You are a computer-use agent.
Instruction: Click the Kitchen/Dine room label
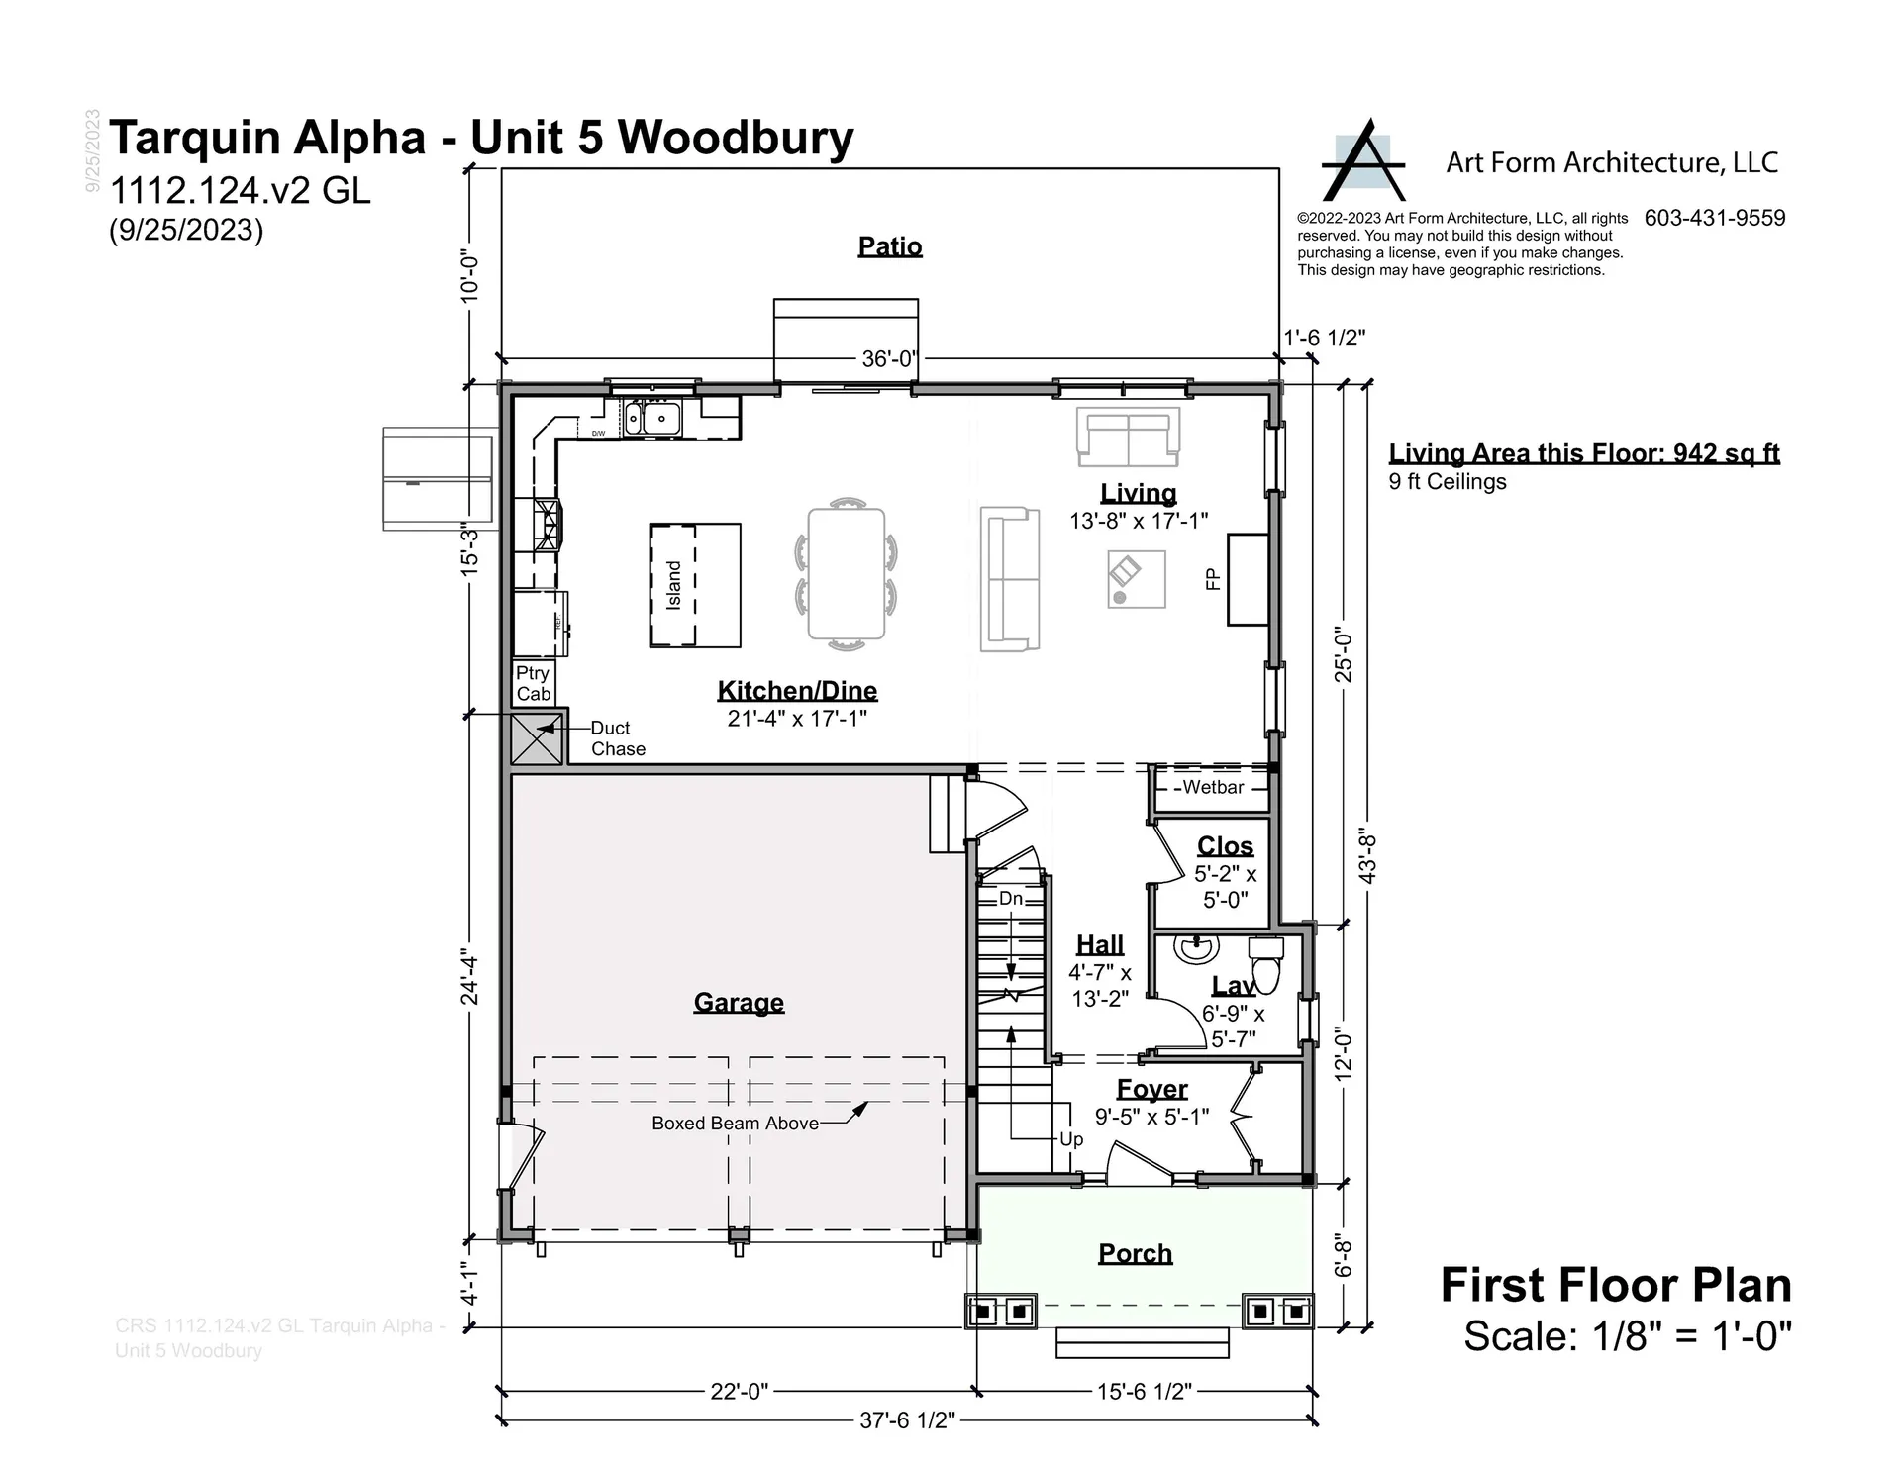[797, 691]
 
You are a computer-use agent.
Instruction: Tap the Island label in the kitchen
[674, 585]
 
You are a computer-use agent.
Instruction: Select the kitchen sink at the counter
[652, 418]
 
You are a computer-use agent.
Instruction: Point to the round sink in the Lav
[1196, 949]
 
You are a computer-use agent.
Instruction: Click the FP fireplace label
[1212, 579]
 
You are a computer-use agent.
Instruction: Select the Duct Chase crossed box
[536, 739]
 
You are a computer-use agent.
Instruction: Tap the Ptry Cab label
[533, 683]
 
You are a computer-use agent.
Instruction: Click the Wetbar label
[1212, 787]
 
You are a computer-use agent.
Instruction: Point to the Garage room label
[739, 1002]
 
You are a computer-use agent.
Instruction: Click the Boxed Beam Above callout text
[735, 1124]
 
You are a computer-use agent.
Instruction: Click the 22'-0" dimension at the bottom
[739, 1391]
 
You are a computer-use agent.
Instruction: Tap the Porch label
[1135, 1253]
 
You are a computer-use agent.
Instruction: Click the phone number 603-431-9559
[1715, 218]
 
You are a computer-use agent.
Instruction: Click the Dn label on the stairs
[1010, 898]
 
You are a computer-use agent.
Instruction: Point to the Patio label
[890, 245]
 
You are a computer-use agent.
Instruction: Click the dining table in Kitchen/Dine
[846, 574]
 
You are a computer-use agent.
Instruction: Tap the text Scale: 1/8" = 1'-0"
[1627, 1336]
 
